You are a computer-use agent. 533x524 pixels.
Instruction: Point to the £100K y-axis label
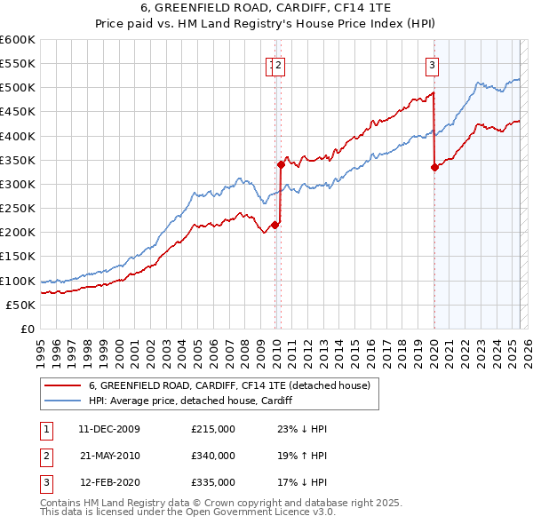point(18,281)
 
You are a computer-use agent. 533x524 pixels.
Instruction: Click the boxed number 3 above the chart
point(432,64)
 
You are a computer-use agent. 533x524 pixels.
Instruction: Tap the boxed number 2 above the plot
point(279,64)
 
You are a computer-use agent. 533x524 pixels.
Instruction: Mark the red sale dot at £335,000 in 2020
point(434,167)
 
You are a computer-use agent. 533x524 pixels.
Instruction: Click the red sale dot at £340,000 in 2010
point(281,164)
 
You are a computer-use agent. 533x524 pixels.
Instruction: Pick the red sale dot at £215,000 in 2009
point(274,225)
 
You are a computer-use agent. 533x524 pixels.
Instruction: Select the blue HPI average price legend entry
point(190,401)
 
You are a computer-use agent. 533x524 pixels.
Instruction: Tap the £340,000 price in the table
point(213,456)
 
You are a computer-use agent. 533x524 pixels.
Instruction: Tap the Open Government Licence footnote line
point(187,512)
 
